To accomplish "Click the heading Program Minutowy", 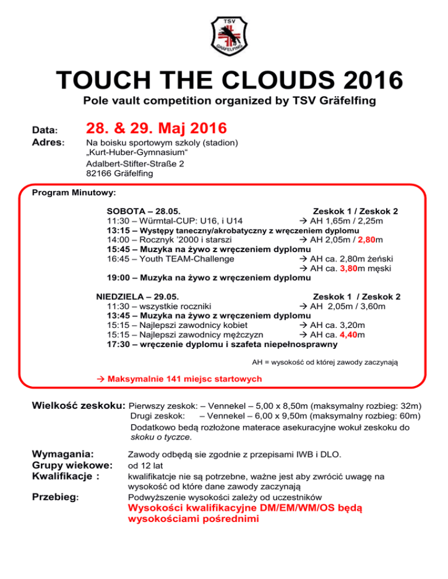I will (x=74, y=192).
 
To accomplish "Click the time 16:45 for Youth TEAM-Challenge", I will (x=118, y=259).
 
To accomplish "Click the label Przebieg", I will (x=57, y=497).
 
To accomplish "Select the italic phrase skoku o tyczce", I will (x=162, y=436).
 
